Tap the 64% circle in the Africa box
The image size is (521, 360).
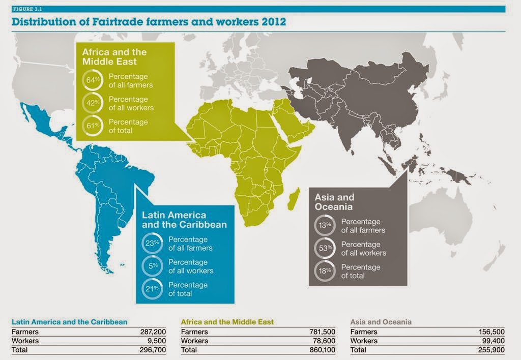[x=93, y=80]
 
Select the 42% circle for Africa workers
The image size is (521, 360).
[x=93, y=103]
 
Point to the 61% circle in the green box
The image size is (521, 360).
[x=93, y=126]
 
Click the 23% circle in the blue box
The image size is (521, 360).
[x=152, y=243]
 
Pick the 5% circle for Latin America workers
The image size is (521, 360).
[x=152, y=266]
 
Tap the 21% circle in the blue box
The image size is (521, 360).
[x=152, y=289]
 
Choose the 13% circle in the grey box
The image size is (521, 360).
[x=325, y=225]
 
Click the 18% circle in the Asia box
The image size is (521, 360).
[x=325, y=271]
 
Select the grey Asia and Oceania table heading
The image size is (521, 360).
[x=381, y=322]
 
